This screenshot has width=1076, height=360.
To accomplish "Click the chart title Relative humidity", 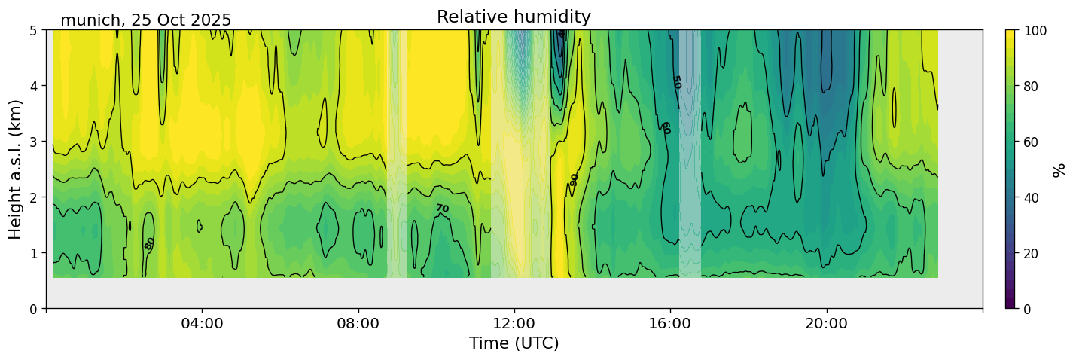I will pos(514,17).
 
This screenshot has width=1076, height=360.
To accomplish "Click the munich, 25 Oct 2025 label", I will pos(145,20).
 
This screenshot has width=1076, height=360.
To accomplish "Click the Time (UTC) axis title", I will pos(514,343).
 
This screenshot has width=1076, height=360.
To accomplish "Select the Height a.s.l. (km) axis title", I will pos(16,169).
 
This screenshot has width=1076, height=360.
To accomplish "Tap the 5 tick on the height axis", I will pos(35,30).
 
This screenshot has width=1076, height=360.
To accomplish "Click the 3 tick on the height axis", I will pos(35,142).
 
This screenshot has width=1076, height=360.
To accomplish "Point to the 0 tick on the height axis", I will pos(35,308).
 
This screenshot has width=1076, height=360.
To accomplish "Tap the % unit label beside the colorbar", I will pos(1059,170).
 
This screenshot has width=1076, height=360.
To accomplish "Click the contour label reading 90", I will pos(575,179).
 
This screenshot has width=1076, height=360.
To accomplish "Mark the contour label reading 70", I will pos(442,208).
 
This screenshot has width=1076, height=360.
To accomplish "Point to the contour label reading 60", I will pos(665,127).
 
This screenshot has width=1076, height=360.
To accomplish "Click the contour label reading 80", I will pos(150,243).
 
